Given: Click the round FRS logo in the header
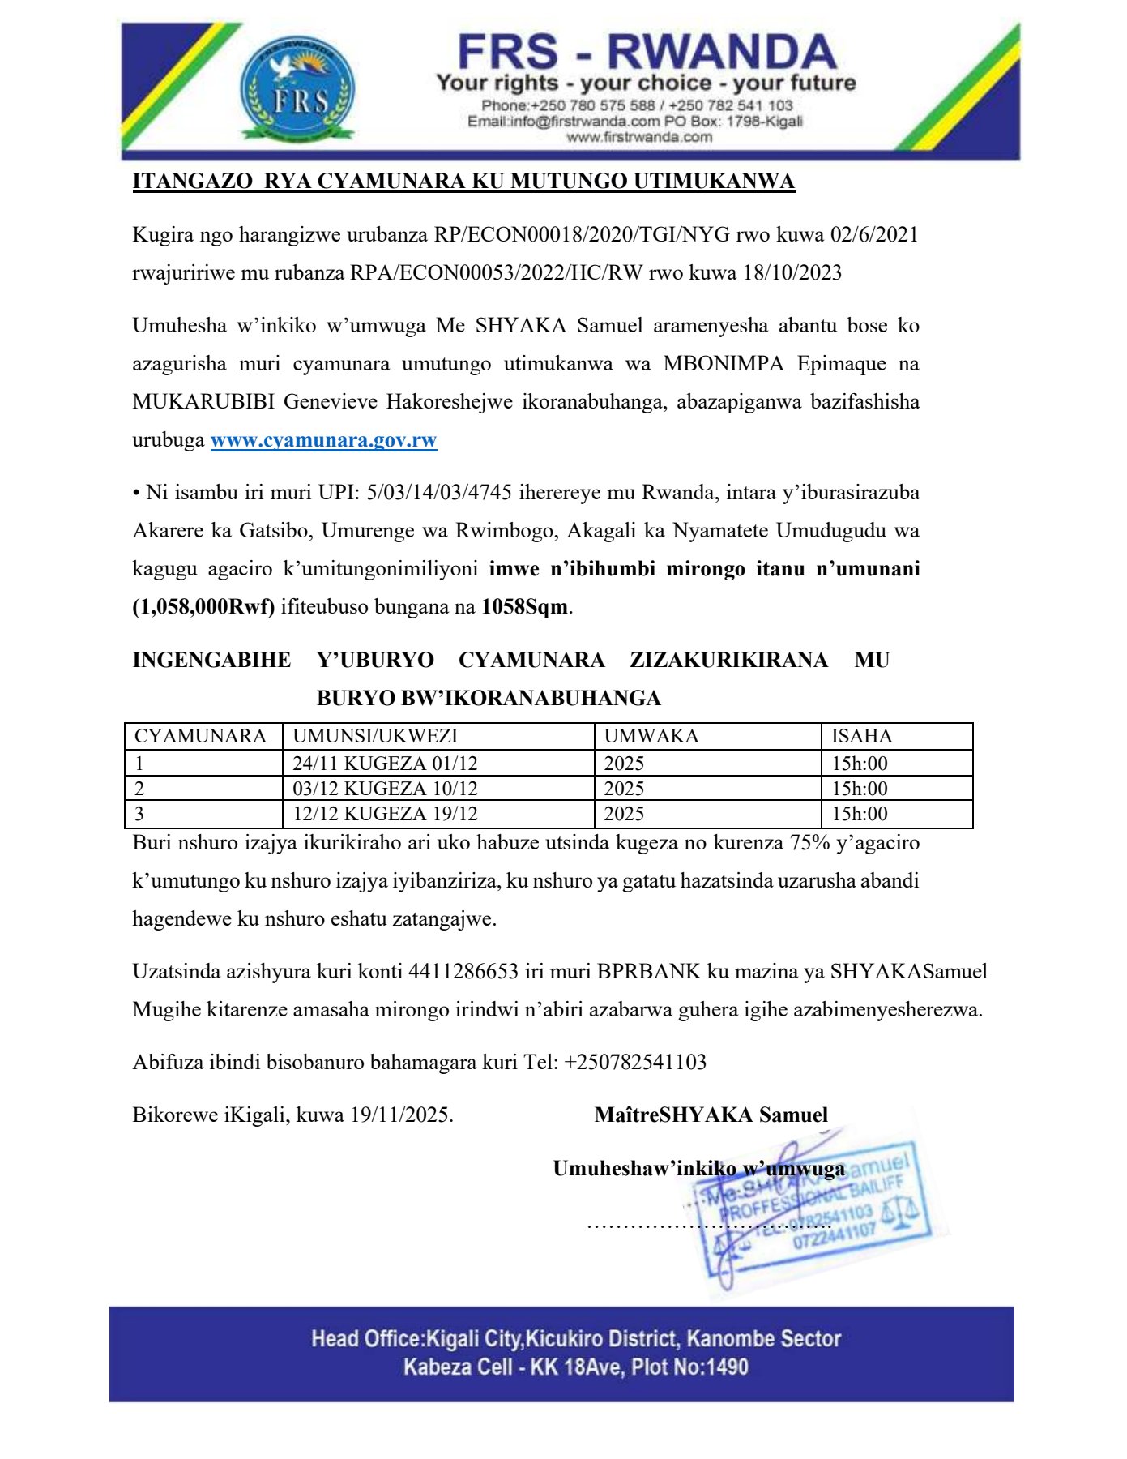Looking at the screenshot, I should [x=297, y=90].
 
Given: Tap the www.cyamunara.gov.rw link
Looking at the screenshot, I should [x=323, y=440].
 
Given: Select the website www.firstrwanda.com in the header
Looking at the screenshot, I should [x=638, y=137].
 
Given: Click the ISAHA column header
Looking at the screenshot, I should [x=861, y=736].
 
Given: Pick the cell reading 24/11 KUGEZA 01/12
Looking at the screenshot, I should [x=385, y=764].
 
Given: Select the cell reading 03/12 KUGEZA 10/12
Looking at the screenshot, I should [x=385, y=789].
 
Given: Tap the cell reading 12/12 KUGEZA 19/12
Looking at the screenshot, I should [x=385, y=814].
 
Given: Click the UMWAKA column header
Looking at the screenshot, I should [x=651, y=736].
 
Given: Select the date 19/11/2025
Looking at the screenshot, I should [x=399, y=1115].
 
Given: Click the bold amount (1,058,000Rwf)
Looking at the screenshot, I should [x=203, y=606].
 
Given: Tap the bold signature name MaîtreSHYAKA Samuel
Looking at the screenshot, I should [x=711, y=1115].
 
